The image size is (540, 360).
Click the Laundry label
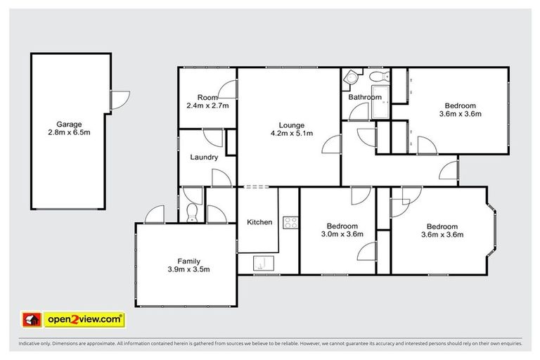click(204, 157)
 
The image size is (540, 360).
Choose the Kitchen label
click(259, 222)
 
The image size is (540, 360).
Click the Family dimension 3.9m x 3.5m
click(188, 269)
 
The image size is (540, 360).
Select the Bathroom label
click(365, 97)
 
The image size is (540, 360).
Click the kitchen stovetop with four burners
click(290, 223)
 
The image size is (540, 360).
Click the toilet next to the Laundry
click(193, 212)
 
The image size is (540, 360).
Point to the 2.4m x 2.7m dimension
click(207, 105)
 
